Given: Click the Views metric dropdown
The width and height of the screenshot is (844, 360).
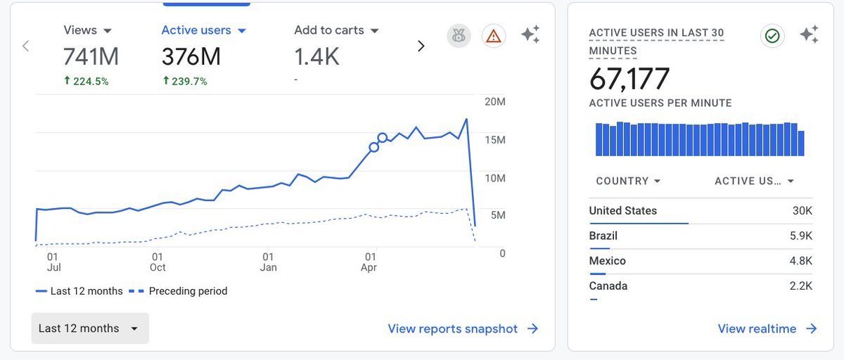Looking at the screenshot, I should [x=87, y=30].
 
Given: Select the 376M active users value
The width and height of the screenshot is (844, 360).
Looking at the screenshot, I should [x=191, y=56].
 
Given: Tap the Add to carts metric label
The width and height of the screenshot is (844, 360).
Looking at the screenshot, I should [x=329, y=30].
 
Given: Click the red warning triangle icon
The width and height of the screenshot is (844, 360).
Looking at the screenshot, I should [x=494, y=36].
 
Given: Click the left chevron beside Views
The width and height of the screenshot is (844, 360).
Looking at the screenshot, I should [x=25, y=46].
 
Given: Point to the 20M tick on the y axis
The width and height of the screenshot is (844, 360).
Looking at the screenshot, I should [x=495, y=102].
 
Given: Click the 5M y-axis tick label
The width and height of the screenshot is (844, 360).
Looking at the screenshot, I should [x=497, y=215].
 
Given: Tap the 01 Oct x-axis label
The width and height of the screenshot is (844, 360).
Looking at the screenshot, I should [x=158, y=262].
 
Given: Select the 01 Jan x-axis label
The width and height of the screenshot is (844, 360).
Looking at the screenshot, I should [x=268, y=262].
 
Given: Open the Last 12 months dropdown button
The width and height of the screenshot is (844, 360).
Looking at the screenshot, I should [x=90, y=328].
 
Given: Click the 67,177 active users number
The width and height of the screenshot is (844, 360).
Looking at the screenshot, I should [x=629, y=79].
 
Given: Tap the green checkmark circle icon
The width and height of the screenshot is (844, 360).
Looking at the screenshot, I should [x=772, y=36].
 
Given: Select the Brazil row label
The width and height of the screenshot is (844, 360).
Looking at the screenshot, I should [x=603, y=236].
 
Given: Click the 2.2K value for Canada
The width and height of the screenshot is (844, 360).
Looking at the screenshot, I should [x=800, y=286].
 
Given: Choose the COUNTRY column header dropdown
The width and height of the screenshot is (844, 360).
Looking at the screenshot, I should [x=628, y=181].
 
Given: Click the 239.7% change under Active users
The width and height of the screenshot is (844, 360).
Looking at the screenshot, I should [x=185, y=81].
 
